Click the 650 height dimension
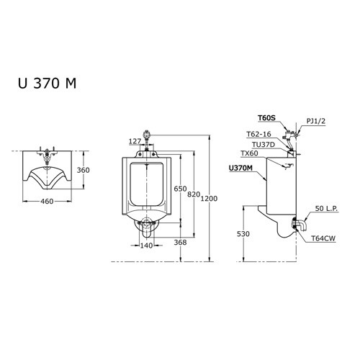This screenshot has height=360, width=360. [180, 189]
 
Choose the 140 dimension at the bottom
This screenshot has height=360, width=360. [146, 245]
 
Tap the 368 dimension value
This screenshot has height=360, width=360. [180, 243]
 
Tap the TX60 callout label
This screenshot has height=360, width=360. [248, 153]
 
